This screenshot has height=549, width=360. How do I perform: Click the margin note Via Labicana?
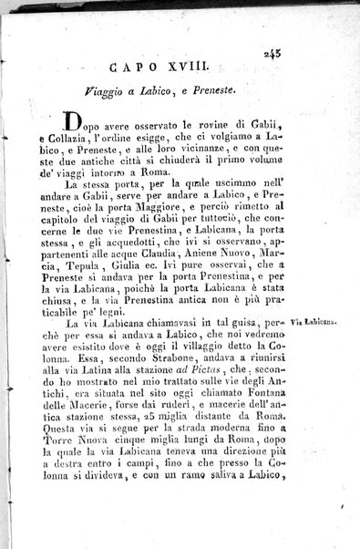(316, 322)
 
